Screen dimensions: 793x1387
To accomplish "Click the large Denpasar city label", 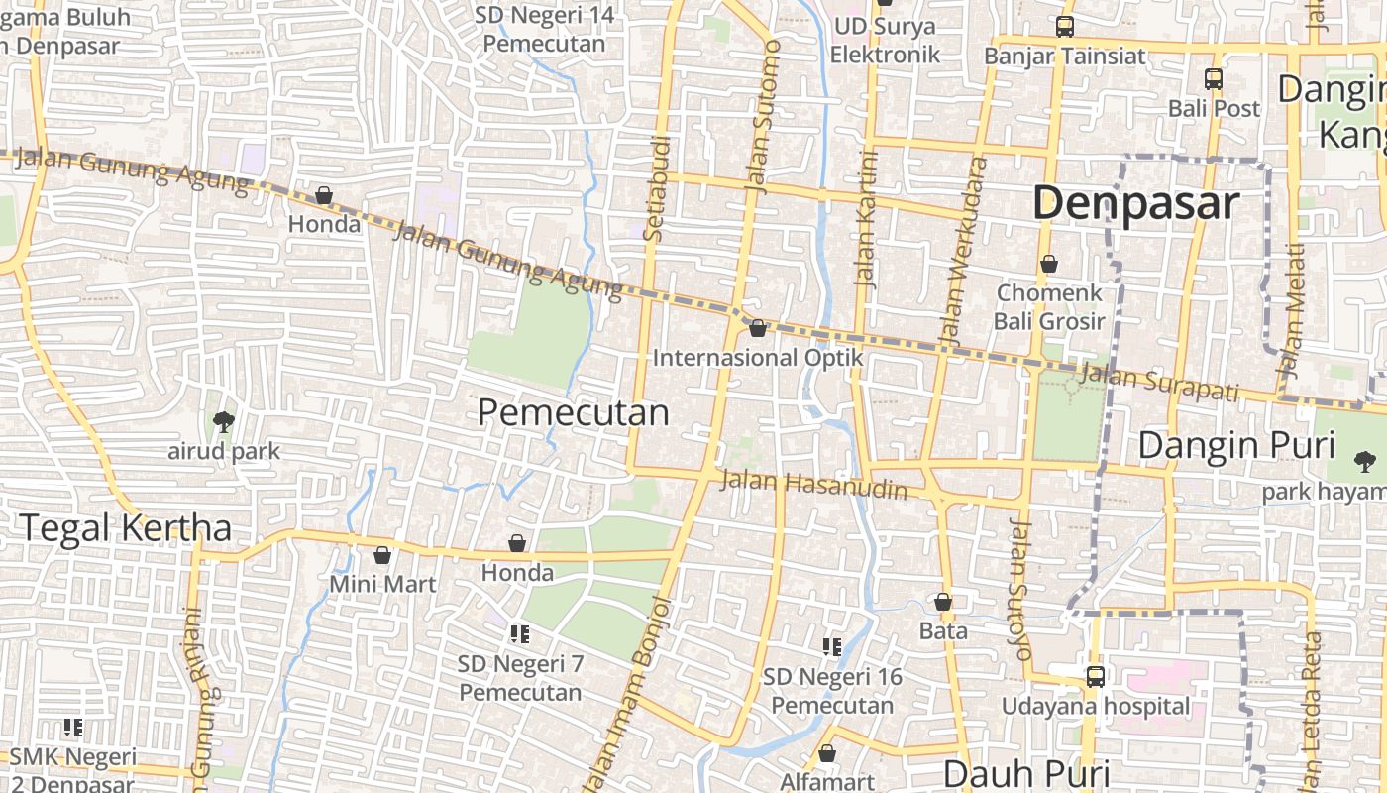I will pyautogui.click(x=1135, y=203).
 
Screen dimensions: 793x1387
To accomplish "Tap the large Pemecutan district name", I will pyautogui.click(x=573, y=412).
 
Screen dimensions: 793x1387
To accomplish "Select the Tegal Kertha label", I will pyautogui.click(x=125, y=528).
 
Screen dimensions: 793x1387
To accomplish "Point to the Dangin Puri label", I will pyautogui.click(x=1236, y=446).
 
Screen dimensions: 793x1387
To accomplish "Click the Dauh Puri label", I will pyautogui.click(x=1025, y=773).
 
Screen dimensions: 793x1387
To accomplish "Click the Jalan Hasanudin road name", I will pyautogui.click(x=814, y=486).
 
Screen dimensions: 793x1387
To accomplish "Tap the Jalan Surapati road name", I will pyautogui.click(x=1159, y=382).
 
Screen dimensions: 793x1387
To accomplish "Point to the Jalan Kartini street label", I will pyautogui.click(x=867, y=218).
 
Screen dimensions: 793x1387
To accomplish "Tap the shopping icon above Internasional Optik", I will pyautogui.click(x=758, y=328).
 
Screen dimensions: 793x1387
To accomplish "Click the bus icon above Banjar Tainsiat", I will pyautogui.click(x=1065, y=27).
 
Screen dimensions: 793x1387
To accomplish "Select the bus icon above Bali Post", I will pyautogui.click(x=1214, y=79).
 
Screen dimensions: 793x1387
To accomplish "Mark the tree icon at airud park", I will pyautogui.click(x=224, y=421).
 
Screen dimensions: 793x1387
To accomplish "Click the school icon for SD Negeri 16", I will pyautogui.click(x=832, y=647).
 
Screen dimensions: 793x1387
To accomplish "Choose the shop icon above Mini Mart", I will pyautogui.click(x=382, y=555).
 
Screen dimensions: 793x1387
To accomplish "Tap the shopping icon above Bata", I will pyautogui.click(x=943, y=602).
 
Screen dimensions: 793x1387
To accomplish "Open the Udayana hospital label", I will pyautogui.click(x=1095, y=706).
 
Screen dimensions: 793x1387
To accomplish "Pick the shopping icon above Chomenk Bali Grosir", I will pyautogui.click(x=1048, y=264).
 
